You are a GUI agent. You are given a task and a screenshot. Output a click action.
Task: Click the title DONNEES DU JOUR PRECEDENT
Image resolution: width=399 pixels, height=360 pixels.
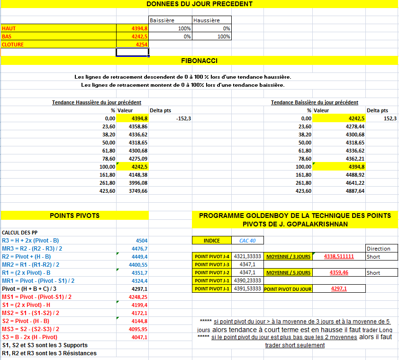(x=199, y=4)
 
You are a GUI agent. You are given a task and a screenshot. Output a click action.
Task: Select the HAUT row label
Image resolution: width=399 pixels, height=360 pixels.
(x=9, y=28)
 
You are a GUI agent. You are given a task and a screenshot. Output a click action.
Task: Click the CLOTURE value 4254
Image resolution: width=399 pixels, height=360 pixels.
(x=142, y=45)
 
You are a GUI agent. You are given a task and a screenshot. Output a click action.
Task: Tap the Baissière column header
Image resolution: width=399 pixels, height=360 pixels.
(x=162, y=20)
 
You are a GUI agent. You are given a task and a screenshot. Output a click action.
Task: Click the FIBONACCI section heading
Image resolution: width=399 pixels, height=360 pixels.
(x=199, y=61)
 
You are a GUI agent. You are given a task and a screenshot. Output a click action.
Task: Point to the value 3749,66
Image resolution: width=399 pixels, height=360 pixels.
(x=138, y=191)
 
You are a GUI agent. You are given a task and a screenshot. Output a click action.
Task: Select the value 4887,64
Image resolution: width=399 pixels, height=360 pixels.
(x=355, y=191)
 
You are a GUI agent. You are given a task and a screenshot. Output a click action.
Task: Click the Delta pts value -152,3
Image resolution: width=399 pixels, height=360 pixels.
(x=183, y=118)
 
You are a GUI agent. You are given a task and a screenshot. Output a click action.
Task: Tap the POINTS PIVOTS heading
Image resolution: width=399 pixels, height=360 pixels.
(x=74, y=216)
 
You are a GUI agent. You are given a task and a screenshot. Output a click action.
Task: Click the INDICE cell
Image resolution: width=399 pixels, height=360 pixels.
(x=211, y=241)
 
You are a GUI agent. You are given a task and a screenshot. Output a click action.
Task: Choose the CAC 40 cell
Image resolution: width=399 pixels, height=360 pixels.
(x=247, y=241)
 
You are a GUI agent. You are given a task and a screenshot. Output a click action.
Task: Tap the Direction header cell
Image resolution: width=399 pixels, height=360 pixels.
(x=378, y=249)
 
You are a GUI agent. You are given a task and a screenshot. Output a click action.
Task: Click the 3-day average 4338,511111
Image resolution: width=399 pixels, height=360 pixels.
(x=339, y=257)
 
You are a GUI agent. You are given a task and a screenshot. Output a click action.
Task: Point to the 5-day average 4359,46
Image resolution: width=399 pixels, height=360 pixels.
(x=339, y=273)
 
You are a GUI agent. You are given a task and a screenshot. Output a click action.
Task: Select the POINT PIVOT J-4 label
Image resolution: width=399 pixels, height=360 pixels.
(x=212, y=257)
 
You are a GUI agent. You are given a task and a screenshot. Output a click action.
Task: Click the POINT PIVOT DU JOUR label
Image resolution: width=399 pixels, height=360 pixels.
(x=288, y=288)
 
